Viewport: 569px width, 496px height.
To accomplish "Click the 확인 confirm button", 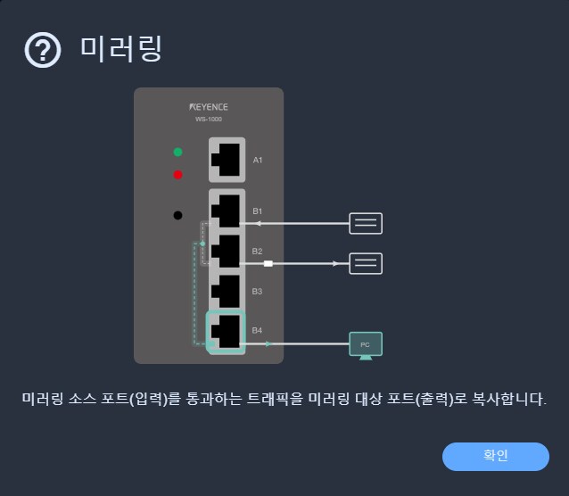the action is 495,457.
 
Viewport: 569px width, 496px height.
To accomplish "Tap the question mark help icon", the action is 43,50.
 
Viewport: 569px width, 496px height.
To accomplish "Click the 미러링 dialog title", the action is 121,49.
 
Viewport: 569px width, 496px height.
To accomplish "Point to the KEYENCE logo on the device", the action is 209,107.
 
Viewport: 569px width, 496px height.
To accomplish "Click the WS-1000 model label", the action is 209,120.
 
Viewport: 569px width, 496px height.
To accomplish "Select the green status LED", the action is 177,152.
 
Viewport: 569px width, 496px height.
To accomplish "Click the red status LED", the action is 177,175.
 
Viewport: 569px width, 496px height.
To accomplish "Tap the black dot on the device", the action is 177,215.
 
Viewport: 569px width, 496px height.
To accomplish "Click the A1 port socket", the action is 227,160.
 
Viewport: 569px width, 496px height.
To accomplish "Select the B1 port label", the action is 257,211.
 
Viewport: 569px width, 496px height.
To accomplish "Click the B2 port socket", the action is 227,251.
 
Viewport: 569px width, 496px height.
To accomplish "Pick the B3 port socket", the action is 227,291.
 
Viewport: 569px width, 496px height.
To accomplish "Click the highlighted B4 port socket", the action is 226,332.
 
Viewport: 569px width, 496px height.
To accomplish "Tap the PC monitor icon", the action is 366,345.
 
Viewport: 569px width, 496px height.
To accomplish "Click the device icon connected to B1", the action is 366,223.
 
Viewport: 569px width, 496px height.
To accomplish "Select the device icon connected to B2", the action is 366,263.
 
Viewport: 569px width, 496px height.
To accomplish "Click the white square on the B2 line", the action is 268,264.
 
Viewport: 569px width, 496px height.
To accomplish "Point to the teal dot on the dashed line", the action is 202,244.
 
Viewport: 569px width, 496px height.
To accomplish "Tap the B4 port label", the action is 257,330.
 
